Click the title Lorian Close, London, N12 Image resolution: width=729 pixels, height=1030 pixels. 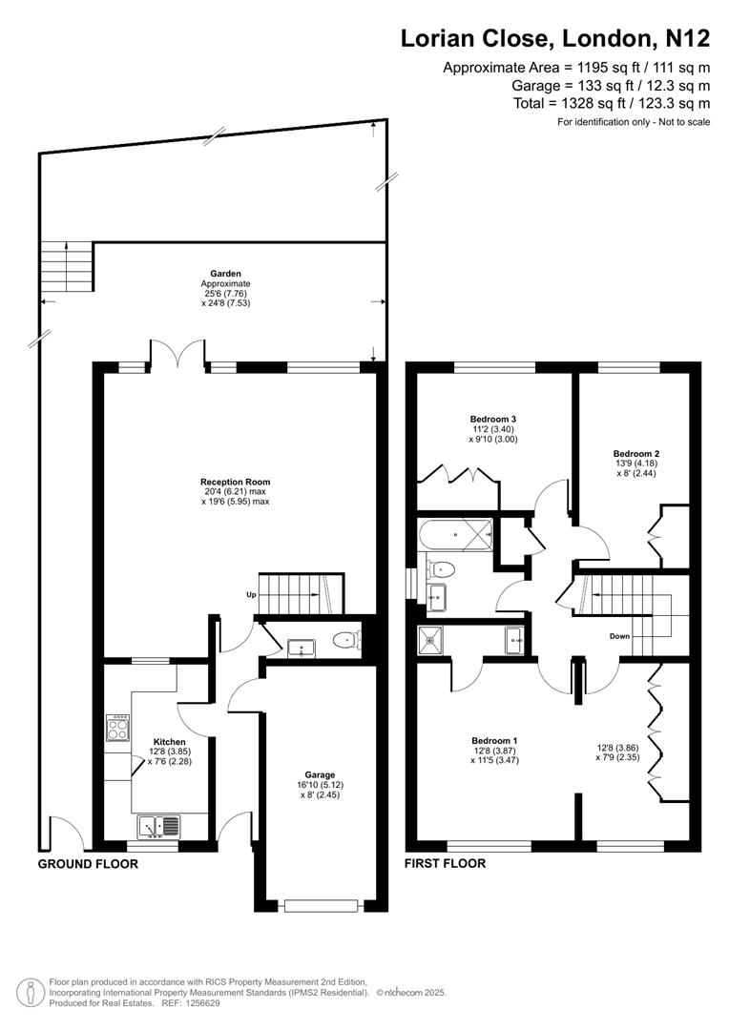click(554, 38)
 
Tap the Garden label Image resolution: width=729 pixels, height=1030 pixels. click(226, 274)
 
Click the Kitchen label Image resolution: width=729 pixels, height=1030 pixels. click(170, 741)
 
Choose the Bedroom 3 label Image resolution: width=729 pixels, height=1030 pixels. click(493, 419)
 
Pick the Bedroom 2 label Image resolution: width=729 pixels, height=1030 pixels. click(636, 453)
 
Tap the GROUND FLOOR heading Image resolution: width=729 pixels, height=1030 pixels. click(88, 864)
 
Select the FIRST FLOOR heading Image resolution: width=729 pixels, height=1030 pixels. click(446, 864)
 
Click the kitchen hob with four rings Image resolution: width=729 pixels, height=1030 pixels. click(119, 730)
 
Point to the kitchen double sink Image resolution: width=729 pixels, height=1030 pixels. click(158, 825)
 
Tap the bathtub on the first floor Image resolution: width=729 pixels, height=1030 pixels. click(456, 536)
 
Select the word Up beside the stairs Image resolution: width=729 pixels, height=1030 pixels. click(251, 595)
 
